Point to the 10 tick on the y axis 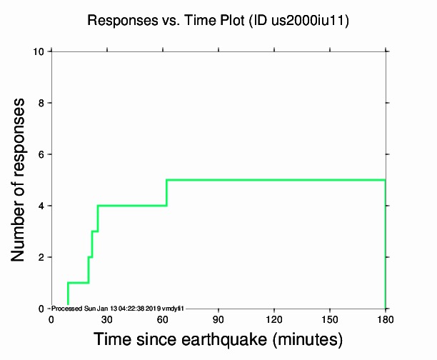coord(41,51)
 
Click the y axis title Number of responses coord(21,180)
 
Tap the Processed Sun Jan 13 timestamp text coord(119,308)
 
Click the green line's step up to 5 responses coord(166,193)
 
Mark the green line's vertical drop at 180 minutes coord(386,243)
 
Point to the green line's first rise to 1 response coord(68,294)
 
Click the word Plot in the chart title coord(223,21)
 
